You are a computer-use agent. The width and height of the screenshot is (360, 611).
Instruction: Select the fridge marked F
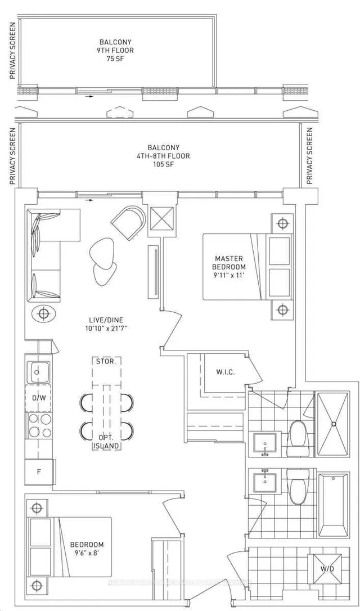[39, 471]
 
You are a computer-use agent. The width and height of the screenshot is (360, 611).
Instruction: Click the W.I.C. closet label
[225, 372]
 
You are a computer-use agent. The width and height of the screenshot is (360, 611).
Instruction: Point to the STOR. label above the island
[106, 361]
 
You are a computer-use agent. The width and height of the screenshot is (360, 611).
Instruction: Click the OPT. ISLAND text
[106, 442]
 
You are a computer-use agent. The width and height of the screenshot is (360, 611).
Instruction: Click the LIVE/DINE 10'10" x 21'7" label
[106, 323]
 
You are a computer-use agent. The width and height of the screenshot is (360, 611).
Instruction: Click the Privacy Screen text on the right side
[310, 156]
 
